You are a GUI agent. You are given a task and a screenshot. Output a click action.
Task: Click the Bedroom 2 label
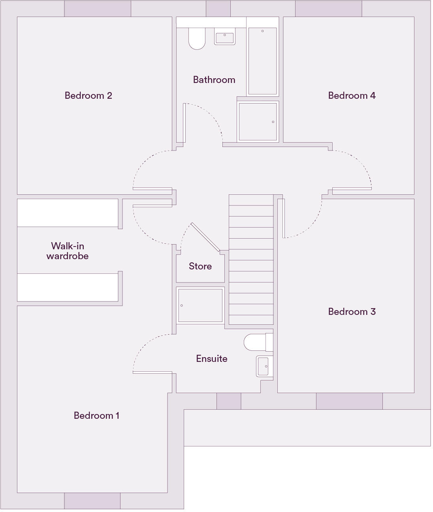[88, 96]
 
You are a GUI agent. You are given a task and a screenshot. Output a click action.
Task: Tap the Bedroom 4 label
[352, 96]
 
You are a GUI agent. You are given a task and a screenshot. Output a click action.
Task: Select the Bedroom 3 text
[352, 312]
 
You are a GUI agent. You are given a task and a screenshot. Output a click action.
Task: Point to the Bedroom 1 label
[96, 416]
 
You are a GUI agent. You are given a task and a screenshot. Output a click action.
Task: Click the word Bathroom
[214, 80]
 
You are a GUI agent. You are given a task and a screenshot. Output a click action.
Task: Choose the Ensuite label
[212, 359]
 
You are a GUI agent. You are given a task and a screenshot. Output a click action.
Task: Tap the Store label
[200, 266]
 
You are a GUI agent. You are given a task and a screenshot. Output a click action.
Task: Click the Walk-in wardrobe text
[68, 251]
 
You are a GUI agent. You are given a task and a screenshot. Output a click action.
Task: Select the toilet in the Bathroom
[197, 39]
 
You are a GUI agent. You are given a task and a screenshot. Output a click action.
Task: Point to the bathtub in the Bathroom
[262, 61]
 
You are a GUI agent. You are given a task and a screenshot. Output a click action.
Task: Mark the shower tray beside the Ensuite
[200, 305]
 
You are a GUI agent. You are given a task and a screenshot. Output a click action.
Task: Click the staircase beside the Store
[251, 260]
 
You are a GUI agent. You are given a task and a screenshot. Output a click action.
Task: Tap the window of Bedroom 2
[97, 8]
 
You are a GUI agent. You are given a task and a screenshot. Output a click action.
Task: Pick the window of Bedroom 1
[92, 501]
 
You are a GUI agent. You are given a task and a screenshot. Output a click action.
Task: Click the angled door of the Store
[205, 237]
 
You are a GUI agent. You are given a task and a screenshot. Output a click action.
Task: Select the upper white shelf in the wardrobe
[68, 213]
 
